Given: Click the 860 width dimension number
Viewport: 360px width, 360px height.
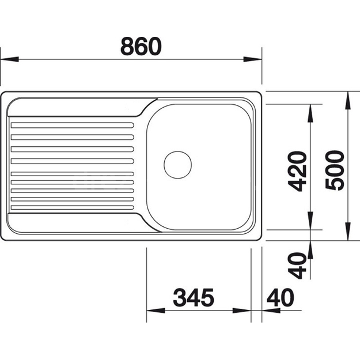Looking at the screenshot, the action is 141,47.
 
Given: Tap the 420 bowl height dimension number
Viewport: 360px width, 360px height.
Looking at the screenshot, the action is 297,171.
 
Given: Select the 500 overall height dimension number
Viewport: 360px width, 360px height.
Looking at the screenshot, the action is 335,170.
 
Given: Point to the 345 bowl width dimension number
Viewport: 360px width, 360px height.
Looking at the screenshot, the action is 194,298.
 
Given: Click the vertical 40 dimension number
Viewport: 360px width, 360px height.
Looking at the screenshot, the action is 297,266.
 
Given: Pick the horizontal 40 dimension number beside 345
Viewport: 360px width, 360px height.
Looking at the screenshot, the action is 281,298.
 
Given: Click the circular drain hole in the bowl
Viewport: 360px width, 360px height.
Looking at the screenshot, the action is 178,165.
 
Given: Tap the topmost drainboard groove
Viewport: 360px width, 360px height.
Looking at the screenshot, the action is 73,126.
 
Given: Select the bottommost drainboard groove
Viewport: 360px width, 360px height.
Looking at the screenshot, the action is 73,207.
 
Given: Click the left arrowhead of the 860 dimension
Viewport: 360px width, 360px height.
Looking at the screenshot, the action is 10,59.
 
